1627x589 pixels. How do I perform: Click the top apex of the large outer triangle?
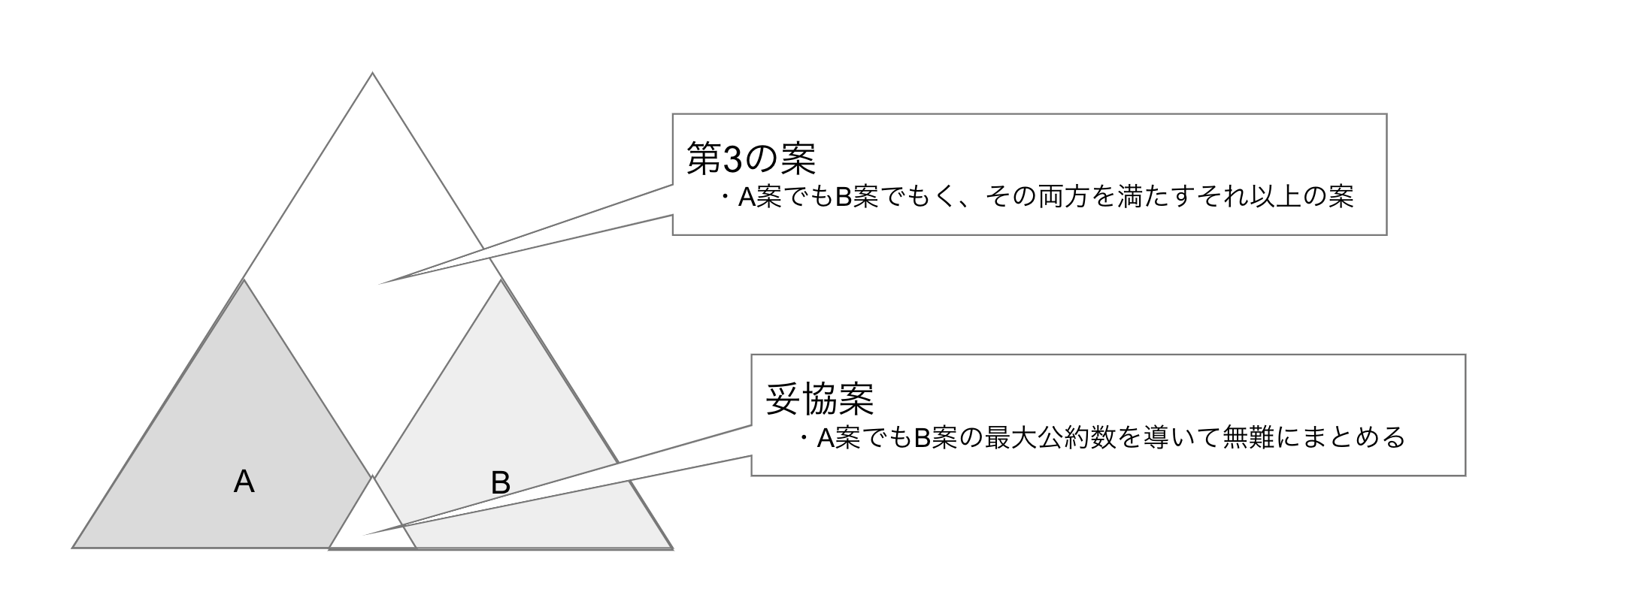pos(372,73)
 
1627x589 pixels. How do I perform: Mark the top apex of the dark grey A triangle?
pos(244,279)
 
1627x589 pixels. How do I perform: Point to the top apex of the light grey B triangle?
pos(501,280)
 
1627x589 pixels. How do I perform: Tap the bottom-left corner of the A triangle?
pos(72,548)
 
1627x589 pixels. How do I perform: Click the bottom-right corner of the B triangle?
pos(672,548)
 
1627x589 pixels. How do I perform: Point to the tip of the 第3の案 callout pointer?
pos(377,284)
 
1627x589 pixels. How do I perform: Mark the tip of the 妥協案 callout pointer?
pos(365,535)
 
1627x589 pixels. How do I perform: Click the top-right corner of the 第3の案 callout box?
pos(1386,114)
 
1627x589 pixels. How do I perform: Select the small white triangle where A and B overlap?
pos(372,522)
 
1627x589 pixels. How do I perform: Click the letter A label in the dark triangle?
pos(244,482)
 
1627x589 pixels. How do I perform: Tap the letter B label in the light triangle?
pos(501,482)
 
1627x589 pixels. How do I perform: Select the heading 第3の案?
pos(752,159)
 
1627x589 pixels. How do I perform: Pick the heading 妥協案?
pos(820,399)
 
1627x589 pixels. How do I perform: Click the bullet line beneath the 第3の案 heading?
pos(1035,197)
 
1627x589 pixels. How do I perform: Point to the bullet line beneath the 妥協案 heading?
pos(1101,437)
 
